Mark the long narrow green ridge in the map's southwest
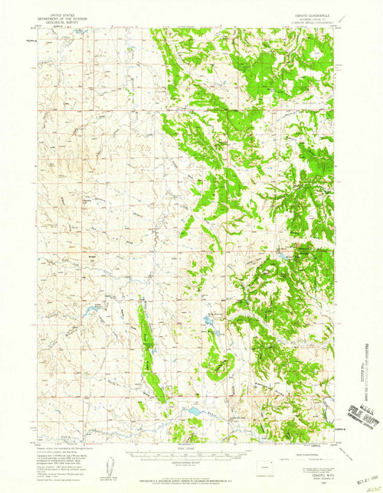(149, 352)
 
